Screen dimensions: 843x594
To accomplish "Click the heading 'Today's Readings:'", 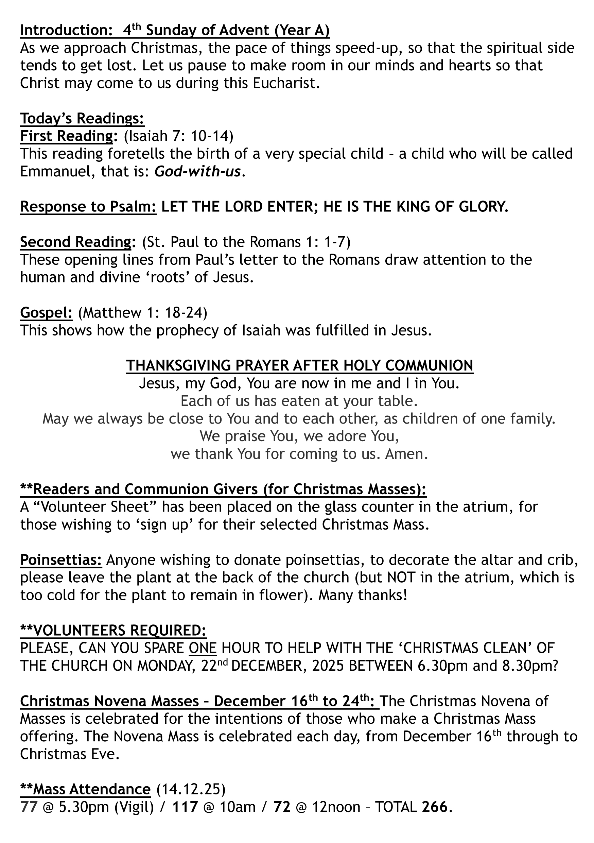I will click(82, 119).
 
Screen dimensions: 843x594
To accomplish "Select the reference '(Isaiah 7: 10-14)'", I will click(178, 136).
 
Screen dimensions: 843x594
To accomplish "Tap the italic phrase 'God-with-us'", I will click(197, 171).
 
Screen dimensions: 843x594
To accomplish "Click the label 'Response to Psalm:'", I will click(88, 207).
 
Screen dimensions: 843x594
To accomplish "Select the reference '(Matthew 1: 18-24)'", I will click(143, 312).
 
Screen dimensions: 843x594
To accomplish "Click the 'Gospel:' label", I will click(46, 312).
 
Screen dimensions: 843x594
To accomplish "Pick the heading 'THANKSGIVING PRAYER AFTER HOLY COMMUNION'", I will click(300, 366).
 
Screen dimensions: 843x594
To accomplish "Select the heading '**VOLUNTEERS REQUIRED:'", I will click(113, 631).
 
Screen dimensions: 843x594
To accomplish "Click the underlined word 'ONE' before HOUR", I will click(203, 648).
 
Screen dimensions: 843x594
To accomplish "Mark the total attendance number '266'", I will click(435, 807).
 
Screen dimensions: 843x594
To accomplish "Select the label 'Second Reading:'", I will click(76, 242).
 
